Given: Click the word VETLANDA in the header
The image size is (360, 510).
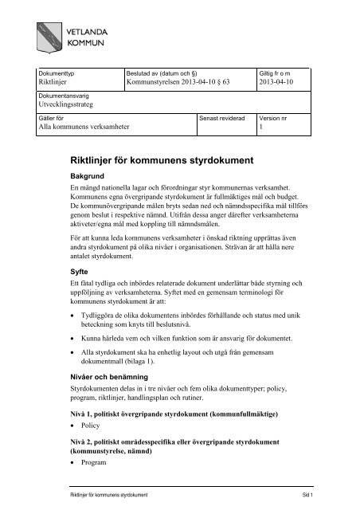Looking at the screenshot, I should click(x=96, y=25).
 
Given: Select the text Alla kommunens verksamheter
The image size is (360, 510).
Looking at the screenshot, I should click(x=84, y=127).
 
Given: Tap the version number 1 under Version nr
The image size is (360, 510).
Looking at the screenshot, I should click(x=262, y=127).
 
